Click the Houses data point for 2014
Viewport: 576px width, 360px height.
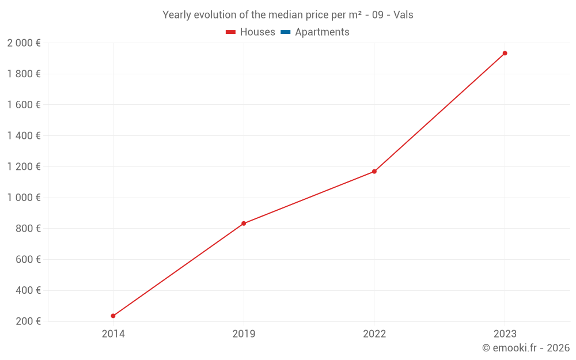113,316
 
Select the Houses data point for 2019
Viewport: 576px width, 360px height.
244,223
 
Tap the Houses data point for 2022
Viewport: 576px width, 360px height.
374,172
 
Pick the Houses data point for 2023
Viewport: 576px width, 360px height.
505,53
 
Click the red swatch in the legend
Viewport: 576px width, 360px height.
231,32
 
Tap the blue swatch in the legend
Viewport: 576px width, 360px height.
286,32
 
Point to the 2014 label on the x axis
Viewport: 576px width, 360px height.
113,334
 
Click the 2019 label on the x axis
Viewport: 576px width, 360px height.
244,334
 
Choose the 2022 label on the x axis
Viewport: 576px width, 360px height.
374,334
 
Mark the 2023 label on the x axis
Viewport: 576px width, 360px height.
505,334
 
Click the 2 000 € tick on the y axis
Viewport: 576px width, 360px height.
24,43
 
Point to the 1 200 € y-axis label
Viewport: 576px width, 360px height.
24,166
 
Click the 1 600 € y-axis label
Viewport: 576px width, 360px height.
24,105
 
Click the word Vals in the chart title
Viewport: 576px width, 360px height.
403,15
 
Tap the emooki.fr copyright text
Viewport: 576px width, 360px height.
526,348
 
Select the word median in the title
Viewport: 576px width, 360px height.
286,15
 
